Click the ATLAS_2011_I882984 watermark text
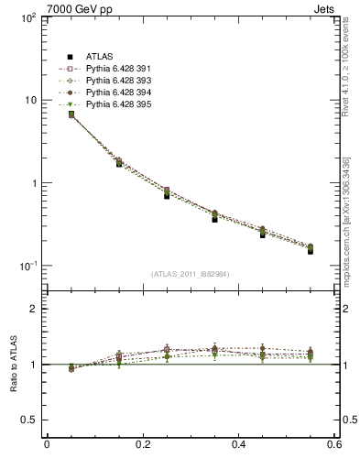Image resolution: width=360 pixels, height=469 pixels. coord(190,274)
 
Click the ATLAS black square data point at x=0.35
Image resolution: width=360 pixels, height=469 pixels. coord(214,219)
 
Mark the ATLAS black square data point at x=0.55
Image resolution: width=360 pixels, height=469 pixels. coord(311,250)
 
